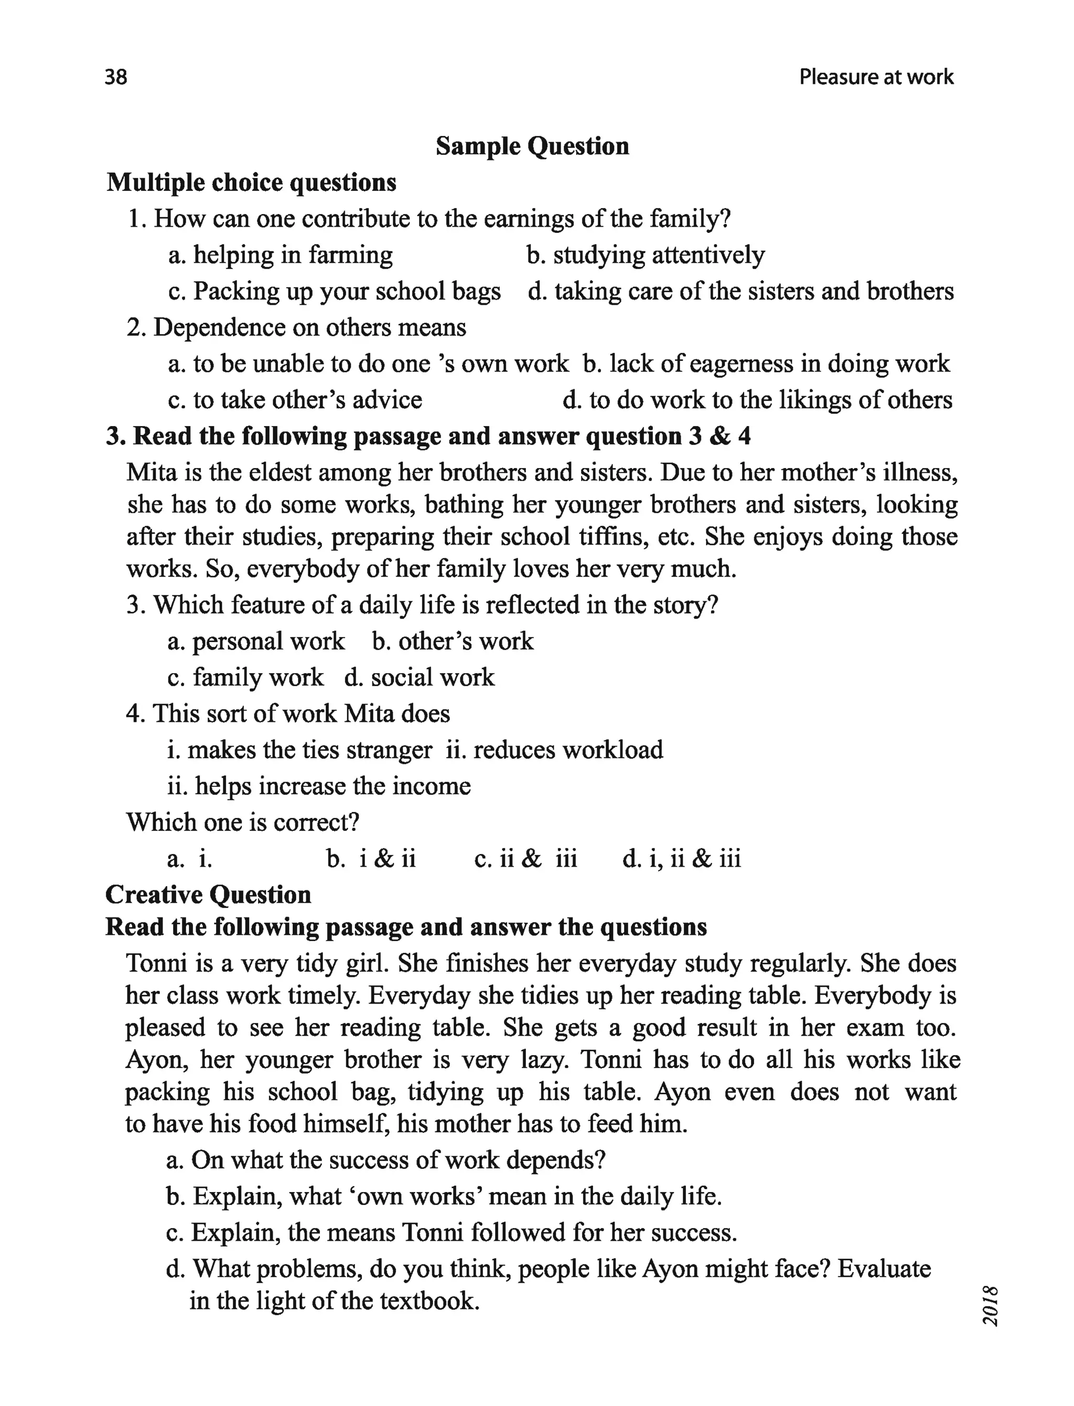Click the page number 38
click(116, 77)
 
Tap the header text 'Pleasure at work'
click(876, 77)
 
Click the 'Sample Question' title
click(532, 146)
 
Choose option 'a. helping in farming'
click(281, 255)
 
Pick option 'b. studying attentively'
click(646, 255)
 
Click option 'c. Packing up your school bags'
click(335, 292)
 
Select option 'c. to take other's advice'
click(295, 400)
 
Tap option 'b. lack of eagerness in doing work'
click(766, 364)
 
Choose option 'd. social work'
click(420, 678)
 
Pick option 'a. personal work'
click(256, 641)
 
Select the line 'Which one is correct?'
click(243, 822)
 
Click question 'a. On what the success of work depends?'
click(385, 1160)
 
